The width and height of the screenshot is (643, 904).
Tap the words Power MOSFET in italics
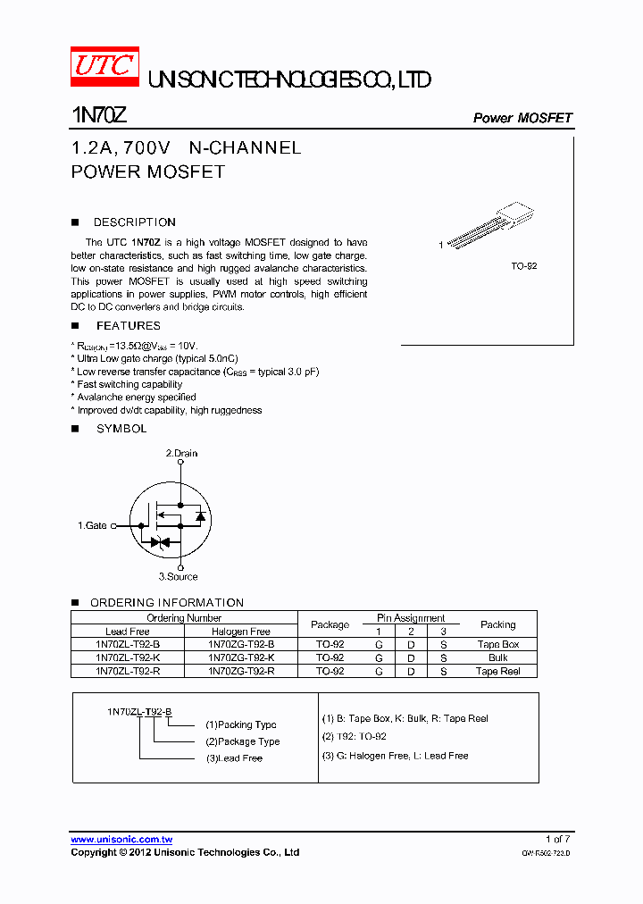coord(522,118)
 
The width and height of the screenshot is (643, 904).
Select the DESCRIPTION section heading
coord(134,222)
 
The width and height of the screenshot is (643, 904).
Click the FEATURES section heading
coord(129,326)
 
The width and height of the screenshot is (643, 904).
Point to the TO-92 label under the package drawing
coord(523,267)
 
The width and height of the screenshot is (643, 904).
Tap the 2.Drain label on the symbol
coord(181,454)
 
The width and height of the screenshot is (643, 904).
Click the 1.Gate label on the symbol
coord(92,525)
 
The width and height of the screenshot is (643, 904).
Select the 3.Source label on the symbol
coord(178,577)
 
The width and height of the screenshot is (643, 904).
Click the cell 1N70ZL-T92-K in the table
coord(128,657)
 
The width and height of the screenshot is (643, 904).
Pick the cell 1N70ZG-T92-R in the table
coord(241,671)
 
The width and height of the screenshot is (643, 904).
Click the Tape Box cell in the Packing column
coord(497,644)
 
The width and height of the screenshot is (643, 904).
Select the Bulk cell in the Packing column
coord(497,657)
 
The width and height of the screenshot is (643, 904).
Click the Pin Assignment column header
coord(411,618)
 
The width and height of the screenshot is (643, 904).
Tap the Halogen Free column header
coord(241,632)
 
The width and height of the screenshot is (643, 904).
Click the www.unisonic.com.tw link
coord(121,840)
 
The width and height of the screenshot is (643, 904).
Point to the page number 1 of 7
coord(556,840)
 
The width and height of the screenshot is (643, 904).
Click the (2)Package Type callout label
coord(242,741)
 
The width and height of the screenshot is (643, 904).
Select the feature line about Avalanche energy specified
coord(136,398)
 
